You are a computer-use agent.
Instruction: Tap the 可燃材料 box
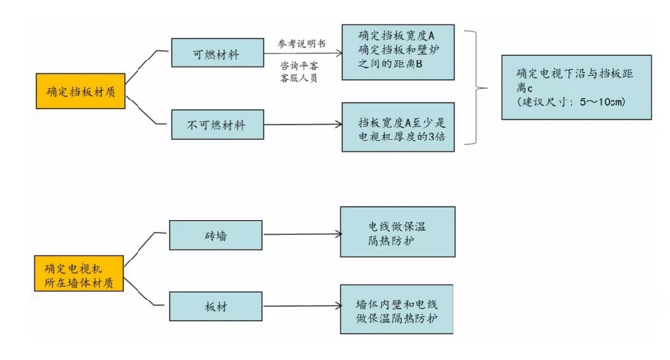216,53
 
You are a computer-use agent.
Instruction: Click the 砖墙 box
216,234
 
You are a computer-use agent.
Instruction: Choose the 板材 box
216,305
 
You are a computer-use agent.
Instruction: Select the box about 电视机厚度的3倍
397,128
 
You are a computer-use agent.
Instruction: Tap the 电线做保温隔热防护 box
397,231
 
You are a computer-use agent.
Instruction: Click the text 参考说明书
299,44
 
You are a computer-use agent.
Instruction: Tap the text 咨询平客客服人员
299,70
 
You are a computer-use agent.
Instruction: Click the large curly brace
479,89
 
